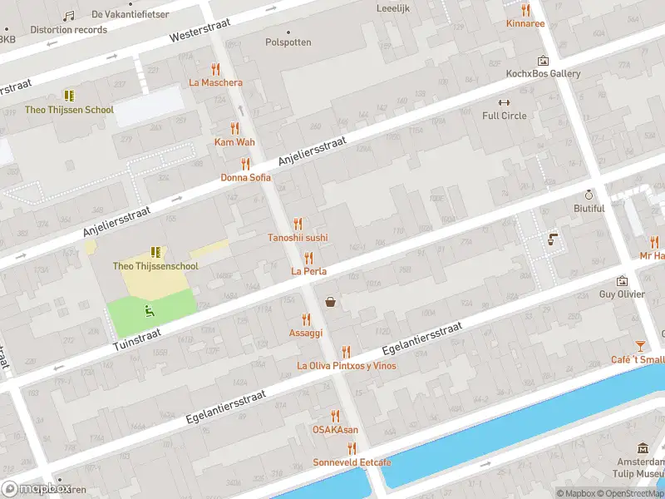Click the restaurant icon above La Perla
click(308, 258)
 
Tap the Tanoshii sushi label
click(298, 238)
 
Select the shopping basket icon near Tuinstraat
click(331, 302)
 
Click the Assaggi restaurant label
click(306, 332)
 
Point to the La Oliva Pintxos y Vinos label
click(347, 366)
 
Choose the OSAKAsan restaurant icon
click(336, 416)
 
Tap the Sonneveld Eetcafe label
click(352, 462)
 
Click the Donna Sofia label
click(245, 178)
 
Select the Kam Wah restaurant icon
click(234, 129)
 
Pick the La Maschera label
click(216, 82)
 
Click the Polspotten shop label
click(288, 42)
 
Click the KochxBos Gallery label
click(543, 74)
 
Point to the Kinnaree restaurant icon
click(525, 10)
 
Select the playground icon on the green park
click(150, 311)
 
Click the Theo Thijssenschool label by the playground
click(155, 266)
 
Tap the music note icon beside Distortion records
click(69, 16)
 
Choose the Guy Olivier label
click(622, 294)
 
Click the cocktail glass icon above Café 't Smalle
click(640, 346)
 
